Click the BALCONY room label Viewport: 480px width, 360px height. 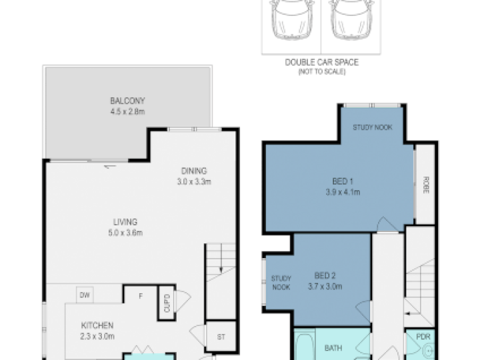pyautogui.click(x=127, y=101)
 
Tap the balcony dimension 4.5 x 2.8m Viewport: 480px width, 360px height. pyautogui.click(x=127, y=111)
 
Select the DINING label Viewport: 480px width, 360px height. pyautogui.click(x=194, y=171)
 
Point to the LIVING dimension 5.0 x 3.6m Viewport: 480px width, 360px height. pyautogui.click(x=125, y=233)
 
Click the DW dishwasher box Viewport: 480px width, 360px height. pyautogui.click(x=85, y=295)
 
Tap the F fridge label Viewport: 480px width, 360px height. pyautogui.click(x=141, y=296)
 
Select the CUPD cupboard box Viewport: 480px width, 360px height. pyautogui.click(x=167, y=303)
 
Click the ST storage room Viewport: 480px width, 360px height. pyautogui.click(x=221, y=337)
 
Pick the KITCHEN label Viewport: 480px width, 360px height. pyautogui.click(x=97, y=325)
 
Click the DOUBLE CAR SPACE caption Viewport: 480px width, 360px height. pyautogui.click(x=322, y=63)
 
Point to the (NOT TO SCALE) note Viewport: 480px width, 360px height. pyautogui.click(x=322, y=72)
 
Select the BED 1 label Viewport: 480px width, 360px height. pyautogui.click(x=343, y=181)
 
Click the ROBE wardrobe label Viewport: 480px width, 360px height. pyautogui.click(x=426, y=185)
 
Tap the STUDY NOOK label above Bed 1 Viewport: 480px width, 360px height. pyautogui.click(x=373, y=127)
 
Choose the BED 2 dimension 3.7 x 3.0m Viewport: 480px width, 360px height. pyautogui.click(x=325, y=287)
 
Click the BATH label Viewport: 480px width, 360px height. pyautogui.click(x=333, y=348)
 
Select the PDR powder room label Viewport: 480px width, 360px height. pyautogui.click(x=423, y=337)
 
